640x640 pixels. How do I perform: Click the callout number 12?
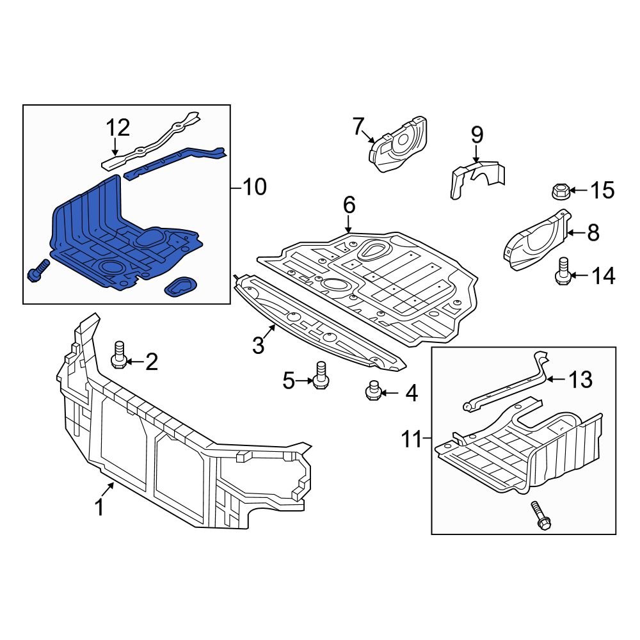118,128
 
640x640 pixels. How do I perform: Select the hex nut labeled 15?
559,191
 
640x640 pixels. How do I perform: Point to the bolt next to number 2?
118,355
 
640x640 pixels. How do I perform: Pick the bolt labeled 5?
321,374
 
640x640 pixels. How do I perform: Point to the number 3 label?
258,346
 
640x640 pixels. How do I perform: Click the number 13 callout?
580,380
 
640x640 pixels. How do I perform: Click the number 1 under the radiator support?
99,507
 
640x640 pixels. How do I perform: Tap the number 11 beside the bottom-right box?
413,440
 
